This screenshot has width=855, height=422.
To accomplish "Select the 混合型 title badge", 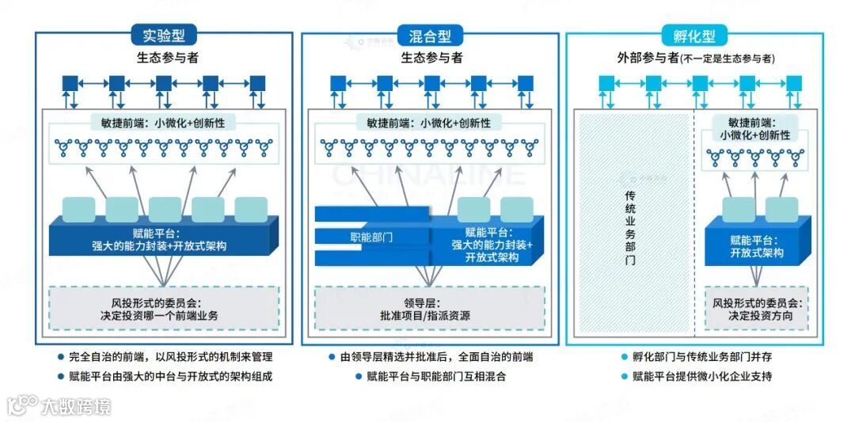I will [431, 36].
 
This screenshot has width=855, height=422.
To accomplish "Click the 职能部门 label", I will [371, 237].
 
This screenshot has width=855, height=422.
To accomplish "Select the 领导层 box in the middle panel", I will [424, 308].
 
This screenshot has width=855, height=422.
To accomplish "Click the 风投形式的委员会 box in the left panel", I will [165, 308].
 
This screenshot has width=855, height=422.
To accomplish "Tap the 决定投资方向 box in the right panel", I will [756, 310].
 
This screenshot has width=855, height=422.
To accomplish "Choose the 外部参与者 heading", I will [696, 58].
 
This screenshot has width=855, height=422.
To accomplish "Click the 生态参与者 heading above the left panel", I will [165, 58].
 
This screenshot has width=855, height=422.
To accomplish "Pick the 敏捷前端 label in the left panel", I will [165, 123].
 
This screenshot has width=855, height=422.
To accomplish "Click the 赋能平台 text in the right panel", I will [756, 246].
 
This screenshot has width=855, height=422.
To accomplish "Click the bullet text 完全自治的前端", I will [169, 357].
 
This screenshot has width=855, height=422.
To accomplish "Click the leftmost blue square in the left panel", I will [71, 82].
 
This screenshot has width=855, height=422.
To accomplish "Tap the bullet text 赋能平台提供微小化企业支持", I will [702, 377].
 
